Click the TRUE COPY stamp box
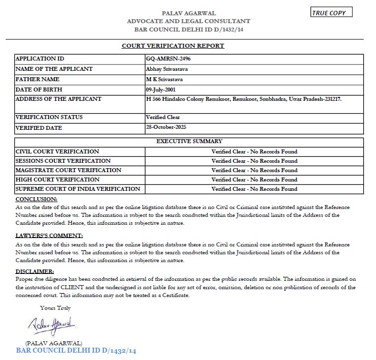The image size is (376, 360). pyautogui.click(x=332, y=13)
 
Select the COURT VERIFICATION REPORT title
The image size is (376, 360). pyautogui.click(x=173, y=46)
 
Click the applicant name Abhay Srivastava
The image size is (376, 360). pyautogui.click(x=167, y=69)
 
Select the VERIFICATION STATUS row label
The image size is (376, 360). pyautogui.click(x=49, y=117)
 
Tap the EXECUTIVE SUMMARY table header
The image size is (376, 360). pyautogui.click(x=189, y=141)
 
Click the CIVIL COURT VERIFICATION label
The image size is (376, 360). pyautogui.click(x=57, y=151)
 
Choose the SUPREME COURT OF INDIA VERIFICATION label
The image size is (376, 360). pyautogui.click(x=78, y=189)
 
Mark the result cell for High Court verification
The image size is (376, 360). pyautogui.click(x=254, y=180)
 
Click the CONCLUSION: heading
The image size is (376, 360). pyautogui.click(x=36, y=199)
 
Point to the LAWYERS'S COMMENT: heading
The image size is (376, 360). pyautogui.click(x=49, y=236)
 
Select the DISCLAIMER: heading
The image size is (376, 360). pyautogui.click(x=34, y=271)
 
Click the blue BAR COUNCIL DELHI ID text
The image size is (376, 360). pyautogui.click(x=76, y=351)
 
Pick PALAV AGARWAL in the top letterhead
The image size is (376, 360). pyautogui.click(x=189, y=13)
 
